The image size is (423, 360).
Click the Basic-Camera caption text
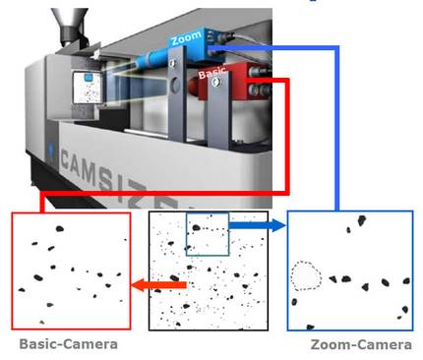coord(68,344)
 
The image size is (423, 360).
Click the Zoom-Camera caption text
coord(354,344)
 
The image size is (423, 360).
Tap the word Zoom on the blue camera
coord(186,39)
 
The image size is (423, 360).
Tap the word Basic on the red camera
coord(211,73)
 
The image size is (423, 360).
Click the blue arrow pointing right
coord(259,226)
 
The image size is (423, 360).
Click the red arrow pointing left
coord(159,285)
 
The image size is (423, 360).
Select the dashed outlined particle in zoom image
coord(307,276)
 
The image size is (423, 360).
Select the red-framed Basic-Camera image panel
coord(70,270)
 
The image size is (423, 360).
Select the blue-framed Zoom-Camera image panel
coord(349,270)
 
